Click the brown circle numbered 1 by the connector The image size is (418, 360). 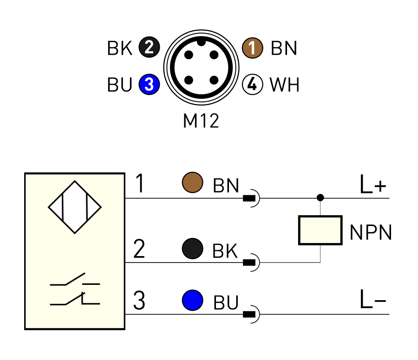tap(253, 48)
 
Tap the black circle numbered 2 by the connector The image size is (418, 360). tap(149, 47)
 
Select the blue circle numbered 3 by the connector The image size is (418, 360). tap(149, 84)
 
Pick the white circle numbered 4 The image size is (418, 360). tap(253, 84)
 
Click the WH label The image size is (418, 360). tap(284, 85)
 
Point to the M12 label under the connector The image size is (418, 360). tap(201, 121)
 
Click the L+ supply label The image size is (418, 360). tap(373, 185)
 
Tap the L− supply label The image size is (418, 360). tap(373, 299)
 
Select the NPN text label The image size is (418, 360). tap(371, 232)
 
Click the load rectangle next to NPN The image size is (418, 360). tap(320, 230)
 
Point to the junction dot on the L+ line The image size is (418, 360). tap(320, 198)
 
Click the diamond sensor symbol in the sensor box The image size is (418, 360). tap(75, 207)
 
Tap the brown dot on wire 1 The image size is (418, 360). tap(192, 182)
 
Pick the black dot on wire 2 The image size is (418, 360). tap(192, 249)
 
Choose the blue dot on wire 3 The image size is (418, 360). tap(192, 300)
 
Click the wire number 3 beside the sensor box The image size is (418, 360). tap(139, 301)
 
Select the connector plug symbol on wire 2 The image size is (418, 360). tap(251, 262)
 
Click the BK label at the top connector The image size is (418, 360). tap(120, 48)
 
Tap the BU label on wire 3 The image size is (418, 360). tap(226, 303)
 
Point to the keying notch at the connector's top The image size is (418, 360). tap(201, 42)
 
